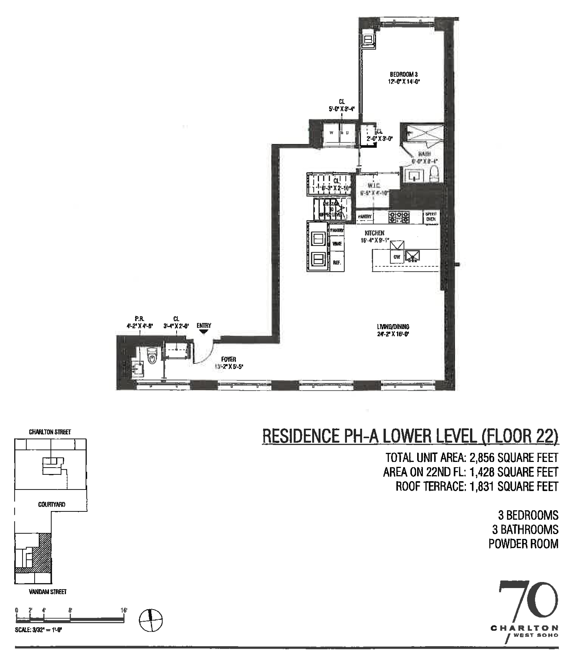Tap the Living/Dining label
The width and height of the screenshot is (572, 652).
(393, 327)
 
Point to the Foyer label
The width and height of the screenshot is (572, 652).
(228, 359)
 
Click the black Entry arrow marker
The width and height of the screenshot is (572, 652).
(203, 332)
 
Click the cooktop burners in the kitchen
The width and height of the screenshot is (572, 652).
(399, 217)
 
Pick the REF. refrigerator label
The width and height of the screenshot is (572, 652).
(337, 263)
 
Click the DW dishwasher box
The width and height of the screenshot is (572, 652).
(397, 257)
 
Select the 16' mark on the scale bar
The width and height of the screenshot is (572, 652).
(124, 610)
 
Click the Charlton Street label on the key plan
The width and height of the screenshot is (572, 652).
(50, 432)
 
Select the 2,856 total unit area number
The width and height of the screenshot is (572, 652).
(482, 458)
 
